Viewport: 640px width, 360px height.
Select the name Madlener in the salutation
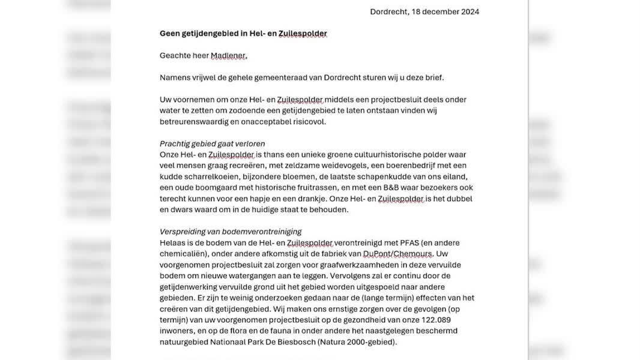[x=228, y=56]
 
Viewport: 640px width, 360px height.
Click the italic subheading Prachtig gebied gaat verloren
[x=212, y=143]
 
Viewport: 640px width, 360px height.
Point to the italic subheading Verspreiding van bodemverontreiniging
[x=231, y=232]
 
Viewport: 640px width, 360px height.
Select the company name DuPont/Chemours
[x=397, y=254]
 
